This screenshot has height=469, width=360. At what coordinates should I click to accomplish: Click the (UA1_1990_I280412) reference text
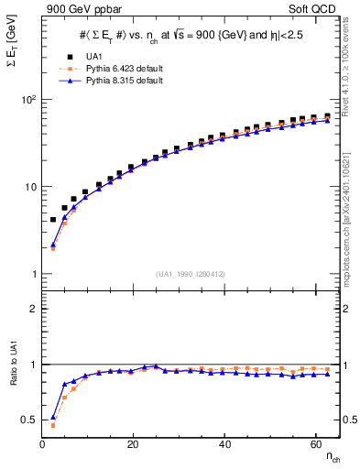[191, 274]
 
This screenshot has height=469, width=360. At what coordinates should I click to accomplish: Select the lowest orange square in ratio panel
[52, 425]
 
